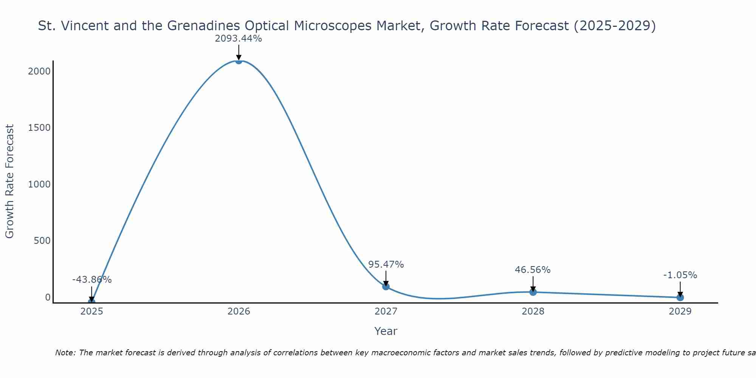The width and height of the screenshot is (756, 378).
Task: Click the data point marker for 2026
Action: click(x=239, y=60)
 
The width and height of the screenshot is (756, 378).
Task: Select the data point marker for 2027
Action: click(x=386, y=287)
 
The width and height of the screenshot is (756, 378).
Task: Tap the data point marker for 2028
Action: click(x=533, y=292)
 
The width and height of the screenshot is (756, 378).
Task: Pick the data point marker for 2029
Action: click(x=680, y=297)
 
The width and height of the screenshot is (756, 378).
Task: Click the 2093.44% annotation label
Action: click(x=238, y=39)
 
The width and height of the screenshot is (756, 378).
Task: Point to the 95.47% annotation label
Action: click(x=386, y=265)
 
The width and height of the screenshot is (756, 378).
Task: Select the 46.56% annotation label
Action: click(x=533, y=270)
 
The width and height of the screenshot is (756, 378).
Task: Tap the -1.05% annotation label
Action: click(x=680, y=275)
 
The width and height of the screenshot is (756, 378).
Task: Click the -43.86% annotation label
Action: click(x=92, y=280)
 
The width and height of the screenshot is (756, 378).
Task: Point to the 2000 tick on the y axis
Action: click(x=39, y=71)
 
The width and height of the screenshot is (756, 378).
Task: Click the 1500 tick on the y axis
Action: click(x=39, y=128)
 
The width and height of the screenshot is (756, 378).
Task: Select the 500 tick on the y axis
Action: click(x=42, y=241)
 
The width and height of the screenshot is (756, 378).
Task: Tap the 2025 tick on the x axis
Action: click(x=91, y=311)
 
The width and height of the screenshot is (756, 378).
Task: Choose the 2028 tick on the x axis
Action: click(x=533, y=311)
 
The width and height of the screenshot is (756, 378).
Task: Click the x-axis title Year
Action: click(x=386, y=332)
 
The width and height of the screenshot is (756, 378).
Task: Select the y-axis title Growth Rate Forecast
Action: click(x=10, y=181)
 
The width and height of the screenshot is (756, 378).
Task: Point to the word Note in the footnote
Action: click(x=65, y=353)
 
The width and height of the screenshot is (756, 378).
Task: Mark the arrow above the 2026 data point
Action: click(x=239, y=52)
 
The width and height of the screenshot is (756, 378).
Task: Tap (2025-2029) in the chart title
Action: click(x=615, y=26)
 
